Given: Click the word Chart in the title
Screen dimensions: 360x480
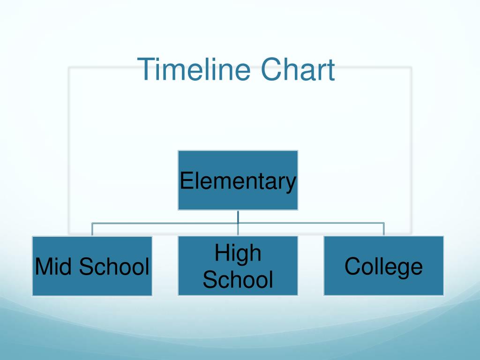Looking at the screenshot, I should pos(298,69).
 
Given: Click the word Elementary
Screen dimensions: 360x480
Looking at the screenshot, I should pos(238,181).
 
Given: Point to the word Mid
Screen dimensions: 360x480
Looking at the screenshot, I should pos(54,267).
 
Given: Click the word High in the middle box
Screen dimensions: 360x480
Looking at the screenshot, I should pos(238,253).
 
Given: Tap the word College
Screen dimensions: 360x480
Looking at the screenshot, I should pos(383,267).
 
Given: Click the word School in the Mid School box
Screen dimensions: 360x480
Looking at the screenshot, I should pos(114,267).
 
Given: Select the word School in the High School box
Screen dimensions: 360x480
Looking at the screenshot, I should pos(238,280).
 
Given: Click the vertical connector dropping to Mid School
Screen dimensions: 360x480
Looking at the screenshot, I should pos(92,229).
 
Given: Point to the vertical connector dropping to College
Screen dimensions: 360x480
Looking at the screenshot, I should pos(384,229).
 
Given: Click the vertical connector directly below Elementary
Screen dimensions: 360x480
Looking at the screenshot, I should pos(238,217).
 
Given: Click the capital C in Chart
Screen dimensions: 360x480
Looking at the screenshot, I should pos(270,69).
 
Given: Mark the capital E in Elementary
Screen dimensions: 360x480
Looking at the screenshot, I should pos(186,180).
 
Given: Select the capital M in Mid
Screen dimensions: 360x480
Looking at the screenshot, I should pos(43,266).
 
